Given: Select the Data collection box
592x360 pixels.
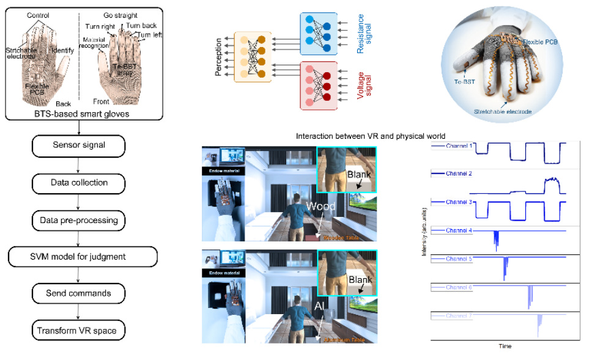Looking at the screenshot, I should (78, 183).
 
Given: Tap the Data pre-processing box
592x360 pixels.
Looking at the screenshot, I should (78, 220).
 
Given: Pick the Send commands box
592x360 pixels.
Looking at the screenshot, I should (78, 293).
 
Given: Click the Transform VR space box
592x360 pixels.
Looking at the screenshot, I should (78, 331).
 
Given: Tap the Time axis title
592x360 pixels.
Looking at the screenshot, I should (505, 347).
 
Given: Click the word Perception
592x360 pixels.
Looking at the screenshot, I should (218, 59).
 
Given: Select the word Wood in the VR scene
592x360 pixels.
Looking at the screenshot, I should (322, 207).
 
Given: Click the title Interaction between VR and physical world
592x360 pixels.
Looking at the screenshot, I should (370, 136).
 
